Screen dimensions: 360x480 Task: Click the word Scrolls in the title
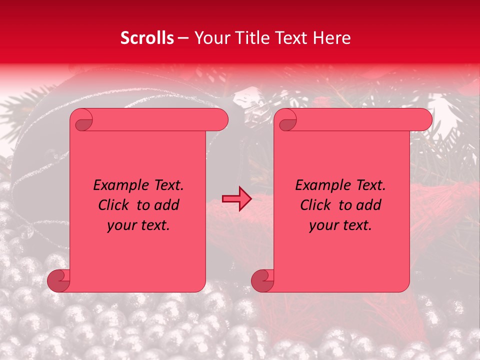pyautogui.click(x=147, y=38)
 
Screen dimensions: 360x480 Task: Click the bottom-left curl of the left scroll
pyautogui.click(x=59, y=280)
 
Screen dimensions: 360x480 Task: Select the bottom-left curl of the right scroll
pyautogui.click(x=262, y=280)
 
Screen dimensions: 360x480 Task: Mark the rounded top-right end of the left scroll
pyautogui.click(x=220, y=120)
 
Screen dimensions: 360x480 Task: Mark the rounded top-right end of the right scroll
pyautogui.click(x=424, y=120)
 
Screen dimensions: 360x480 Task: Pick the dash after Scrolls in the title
pyautogui.click(x=183, y=38)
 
